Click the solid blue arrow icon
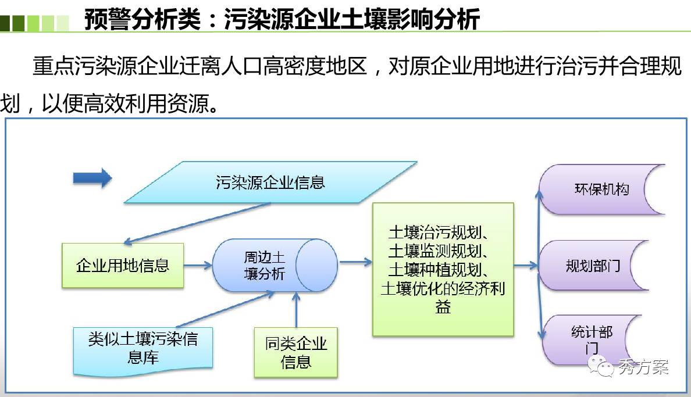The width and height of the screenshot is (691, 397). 92,178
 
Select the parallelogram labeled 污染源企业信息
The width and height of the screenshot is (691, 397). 270,182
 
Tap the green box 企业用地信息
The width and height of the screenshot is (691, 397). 123,265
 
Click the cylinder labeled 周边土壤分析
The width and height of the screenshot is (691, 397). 275,265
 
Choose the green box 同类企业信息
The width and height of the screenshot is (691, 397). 295,352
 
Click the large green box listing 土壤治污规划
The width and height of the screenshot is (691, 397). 443,269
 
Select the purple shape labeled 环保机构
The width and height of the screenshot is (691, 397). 602,189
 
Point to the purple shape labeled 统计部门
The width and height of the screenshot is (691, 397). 591,339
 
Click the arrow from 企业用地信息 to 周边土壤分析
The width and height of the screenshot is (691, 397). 198,265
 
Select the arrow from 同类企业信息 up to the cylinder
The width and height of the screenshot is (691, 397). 296,309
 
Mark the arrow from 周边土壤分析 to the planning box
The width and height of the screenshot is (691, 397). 355,263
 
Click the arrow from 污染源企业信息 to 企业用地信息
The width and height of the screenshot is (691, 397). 197,223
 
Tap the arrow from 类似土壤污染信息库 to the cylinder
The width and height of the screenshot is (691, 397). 225,309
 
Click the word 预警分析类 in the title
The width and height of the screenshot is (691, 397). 143,19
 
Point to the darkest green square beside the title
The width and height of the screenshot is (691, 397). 5,23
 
